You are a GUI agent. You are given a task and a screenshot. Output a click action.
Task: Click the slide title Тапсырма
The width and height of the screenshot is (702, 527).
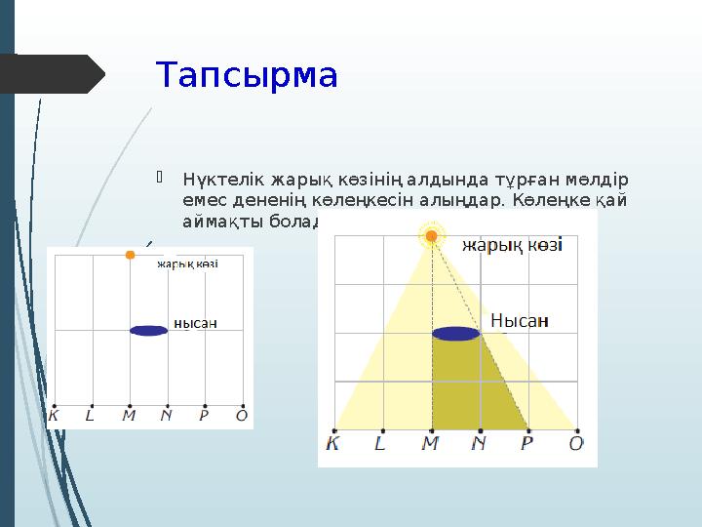(247, 75)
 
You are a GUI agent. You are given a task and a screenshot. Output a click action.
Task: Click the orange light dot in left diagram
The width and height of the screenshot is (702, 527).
(130, 256)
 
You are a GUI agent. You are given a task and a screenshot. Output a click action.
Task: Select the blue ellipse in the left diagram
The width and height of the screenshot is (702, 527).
(148, 330)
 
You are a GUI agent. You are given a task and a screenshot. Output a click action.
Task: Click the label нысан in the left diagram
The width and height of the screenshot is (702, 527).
(195, 323)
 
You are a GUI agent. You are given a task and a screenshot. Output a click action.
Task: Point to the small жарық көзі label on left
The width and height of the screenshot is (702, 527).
(187, 263)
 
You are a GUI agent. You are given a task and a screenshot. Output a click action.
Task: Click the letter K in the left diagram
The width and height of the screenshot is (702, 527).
(54, 416)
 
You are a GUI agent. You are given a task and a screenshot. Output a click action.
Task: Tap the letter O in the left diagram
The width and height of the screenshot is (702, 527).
(242, 416)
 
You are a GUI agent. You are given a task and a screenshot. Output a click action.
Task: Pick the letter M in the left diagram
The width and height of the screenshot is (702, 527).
(129, 416)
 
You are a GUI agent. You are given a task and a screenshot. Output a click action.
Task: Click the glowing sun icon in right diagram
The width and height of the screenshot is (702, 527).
(431, 235)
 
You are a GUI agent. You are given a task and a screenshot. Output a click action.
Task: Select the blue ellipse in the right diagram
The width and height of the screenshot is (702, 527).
(456, 334)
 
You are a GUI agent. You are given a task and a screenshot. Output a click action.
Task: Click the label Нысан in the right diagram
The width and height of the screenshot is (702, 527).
(519, 320)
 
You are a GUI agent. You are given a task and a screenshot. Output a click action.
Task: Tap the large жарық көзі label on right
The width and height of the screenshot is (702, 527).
(512, 245)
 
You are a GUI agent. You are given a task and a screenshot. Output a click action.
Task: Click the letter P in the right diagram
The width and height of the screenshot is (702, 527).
(527, 444)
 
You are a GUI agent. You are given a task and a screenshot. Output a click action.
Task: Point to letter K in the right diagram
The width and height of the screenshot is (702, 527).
(333, 444)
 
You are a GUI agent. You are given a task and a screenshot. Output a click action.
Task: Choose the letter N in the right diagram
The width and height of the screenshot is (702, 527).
(479, 444)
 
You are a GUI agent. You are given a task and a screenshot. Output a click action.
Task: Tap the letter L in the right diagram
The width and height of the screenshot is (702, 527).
(380, 444)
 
